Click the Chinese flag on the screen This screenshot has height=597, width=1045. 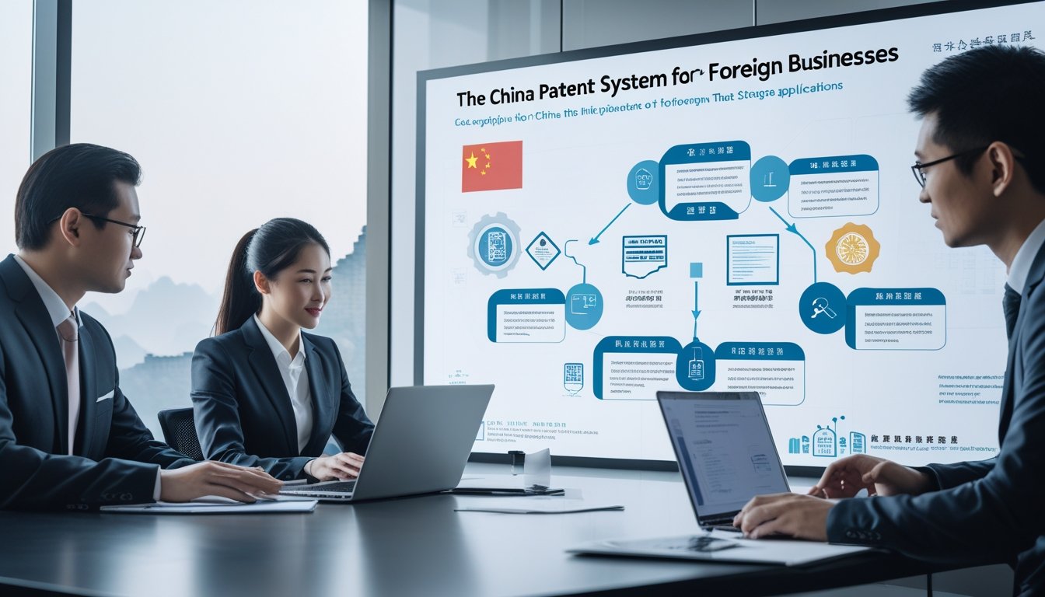click(491, 166)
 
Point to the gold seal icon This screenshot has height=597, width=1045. click(852, 248)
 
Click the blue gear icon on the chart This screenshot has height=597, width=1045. click(495, 246)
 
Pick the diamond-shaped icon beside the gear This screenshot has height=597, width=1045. click(542, 250)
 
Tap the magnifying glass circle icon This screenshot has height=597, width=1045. click(823, 307)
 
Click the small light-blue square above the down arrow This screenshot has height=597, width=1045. click(696, 270)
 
